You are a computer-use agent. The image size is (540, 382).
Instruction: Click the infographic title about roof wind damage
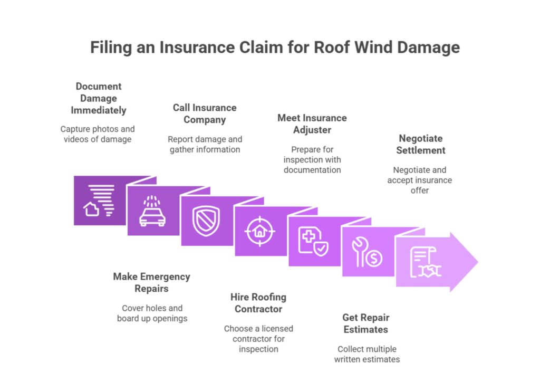275,47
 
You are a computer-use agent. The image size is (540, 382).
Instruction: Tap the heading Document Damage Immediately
99,98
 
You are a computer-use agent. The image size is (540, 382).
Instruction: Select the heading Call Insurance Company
205,113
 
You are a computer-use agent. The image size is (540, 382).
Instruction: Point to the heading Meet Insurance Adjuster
312,123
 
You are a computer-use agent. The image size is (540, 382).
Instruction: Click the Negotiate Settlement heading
420,144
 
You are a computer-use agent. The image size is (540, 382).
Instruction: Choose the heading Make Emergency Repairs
151,282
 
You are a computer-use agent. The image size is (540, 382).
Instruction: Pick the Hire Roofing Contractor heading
258,303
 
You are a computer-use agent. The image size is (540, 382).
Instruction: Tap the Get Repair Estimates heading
365,323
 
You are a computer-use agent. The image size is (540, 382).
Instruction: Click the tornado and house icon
99,200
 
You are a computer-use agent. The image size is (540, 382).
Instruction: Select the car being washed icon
152,211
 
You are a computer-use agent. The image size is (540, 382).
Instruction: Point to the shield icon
206,221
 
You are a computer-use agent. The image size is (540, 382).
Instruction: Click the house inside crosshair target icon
259,231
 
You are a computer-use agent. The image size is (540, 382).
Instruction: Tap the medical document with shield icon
313,241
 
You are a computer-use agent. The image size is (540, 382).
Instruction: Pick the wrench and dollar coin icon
367,252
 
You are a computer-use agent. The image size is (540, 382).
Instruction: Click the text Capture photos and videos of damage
98,134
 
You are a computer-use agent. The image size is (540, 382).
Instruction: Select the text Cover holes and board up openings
152,313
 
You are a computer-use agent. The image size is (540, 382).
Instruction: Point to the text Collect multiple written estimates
367,354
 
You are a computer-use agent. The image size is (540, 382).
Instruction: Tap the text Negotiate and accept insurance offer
419,180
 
